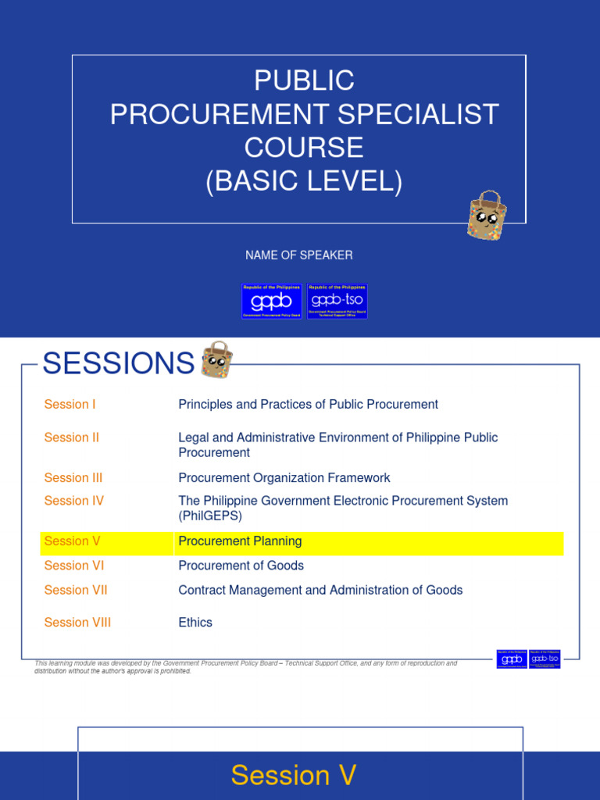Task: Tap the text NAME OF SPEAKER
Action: click(x=299, y=255)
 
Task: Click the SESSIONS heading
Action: click(x=119, y=363)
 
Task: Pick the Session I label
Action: click(x=70, y=405)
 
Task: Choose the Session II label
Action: click(x=72, y=438)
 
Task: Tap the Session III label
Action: click(x=73, y=478)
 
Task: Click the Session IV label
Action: click(x=74, y=501)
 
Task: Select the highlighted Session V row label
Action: click(x=73, y=541)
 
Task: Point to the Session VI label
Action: click(x=74, y=566)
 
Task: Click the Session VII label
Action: click(x=76, y=591)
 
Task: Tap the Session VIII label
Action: click(x=77, y=623)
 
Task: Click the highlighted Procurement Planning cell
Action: click(x=240, y=541)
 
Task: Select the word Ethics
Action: click(x=195, y=623)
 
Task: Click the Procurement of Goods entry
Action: click(x=241, y=566)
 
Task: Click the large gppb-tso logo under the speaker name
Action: click(x=337, y=301)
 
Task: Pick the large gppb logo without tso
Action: click(x=271, y=301)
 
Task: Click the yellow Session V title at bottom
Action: click(x=294, y=776)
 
